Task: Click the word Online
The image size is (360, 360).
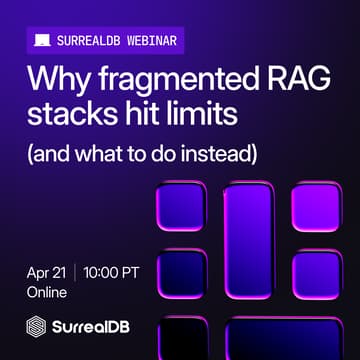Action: pos(47,293)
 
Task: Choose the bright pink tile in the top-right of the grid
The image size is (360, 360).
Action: pos(313,208)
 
